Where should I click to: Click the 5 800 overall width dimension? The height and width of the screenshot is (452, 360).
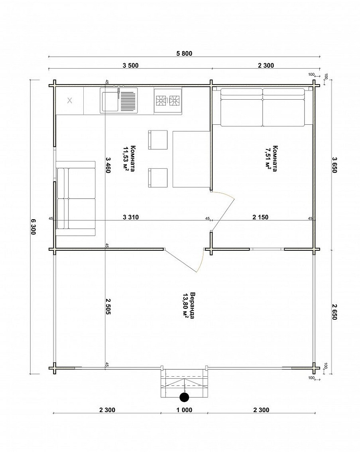[x=184, y=53]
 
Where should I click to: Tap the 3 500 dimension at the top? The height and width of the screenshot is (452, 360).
[x=131, y=65]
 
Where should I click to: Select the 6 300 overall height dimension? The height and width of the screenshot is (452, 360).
[x=33, y=226]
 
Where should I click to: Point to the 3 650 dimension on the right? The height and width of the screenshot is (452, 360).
[x=334, y=165]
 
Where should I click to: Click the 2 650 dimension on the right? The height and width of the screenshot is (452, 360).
[x=334, y=312]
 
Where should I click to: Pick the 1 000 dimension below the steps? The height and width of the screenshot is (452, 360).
[x=184, y=410]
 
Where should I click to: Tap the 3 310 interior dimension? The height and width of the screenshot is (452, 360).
[x=131, y=217]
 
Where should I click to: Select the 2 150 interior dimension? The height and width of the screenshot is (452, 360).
[x=260, y=217]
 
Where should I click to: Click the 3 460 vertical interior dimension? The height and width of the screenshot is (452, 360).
[x=108, y=165]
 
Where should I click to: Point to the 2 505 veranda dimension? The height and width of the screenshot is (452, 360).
[x=108, y=306]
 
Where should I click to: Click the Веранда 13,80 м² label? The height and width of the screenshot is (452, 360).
[x=189, y=306]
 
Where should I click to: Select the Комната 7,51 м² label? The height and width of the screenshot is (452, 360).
[x=271, y=159]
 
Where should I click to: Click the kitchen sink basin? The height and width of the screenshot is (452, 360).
[x=109, y=100]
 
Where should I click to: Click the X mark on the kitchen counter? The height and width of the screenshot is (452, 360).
[x=69, y=100]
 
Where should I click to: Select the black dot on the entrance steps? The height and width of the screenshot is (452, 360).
[x=184, y=397]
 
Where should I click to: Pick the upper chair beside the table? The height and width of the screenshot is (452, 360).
[x=157, y=140]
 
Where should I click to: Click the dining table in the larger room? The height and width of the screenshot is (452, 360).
[x=191, y=159]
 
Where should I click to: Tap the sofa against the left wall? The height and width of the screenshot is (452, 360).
[x=75, y=198]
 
